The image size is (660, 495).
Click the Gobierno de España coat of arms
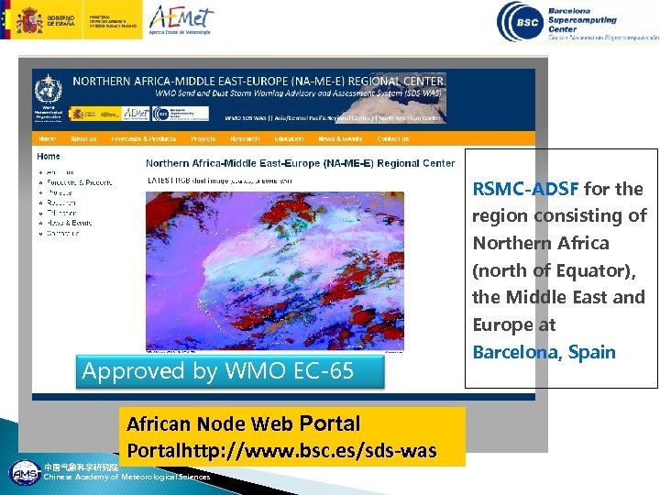tap(27, 18)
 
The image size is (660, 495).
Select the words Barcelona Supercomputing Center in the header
tap(594, 19)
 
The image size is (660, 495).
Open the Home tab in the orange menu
tap(47, 139)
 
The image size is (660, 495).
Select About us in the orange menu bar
tap(83, 139)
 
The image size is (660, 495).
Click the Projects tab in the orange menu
tap(203, 139)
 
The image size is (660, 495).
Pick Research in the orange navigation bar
tap(245, 139)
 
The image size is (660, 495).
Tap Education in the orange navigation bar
tap(289, 139)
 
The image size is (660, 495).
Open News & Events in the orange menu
tap(340, 139)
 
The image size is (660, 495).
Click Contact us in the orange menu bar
tap(393, 139)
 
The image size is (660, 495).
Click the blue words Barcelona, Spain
tap(544, 352)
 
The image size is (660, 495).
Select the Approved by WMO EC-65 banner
tap(217, 371)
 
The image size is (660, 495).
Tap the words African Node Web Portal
tap(243, 423)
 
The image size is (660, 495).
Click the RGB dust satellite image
tap(275, 270)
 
